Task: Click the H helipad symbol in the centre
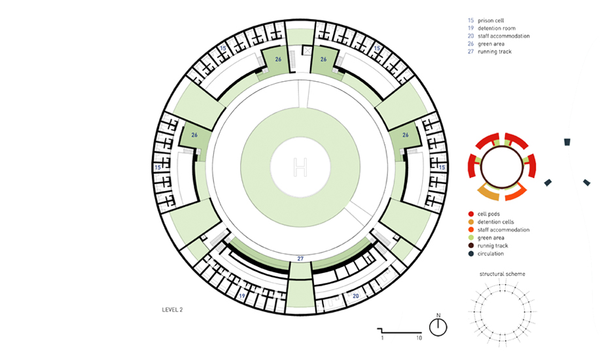tap(300, 167)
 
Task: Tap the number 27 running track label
tap(300, 259)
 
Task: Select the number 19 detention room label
tap(242, 296)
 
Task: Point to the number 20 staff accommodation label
tap(356, 296)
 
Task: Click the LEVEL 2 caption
tap(172, 310)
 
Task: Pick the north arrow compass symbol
tap(438, 326)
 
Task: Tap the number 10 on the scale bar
tap(419, 338)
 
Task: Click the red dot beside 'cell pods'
tap(471, 214)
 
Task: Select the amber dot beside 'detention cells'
tap(471, 222)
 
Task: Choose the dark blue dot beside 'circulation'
tap(471, 253)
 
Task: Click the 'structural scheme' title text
tap(502, 274)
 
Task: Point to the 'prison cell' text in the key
tap(491, 20)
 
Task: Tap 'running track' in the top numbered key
tap(495, 52)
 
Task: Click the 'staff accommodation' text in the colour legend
tap(503, 230)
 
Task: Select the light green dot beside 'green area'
tap(471, 238)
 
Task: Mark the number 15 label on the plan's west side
tap(158, 168)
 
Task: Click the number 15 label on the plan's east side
tap(442, 168)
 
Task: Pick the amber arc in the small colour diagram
tap(488, 194)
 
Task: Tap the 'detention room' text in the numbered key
tap(497, 28)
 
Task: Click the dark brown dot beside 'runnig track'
tap(471, 245)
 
